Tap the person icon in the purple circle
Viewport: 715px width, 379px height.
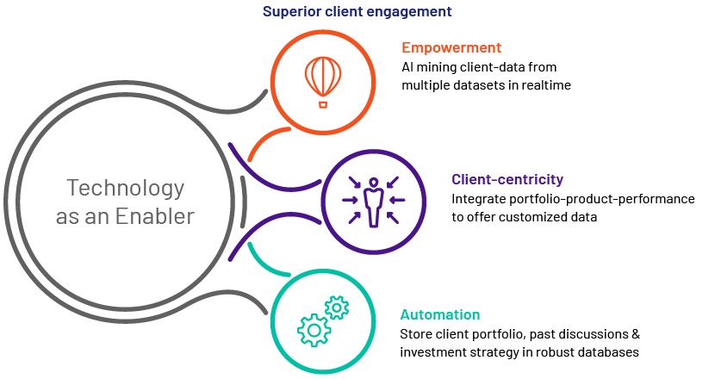click(x=374, y=202)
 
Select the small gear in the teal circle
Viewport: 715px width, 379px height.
click(x=337, y=308)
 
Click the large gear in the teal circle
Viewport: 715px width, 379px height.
click(x=314, y=329)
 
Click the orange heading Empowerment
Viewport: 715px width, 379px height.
click(x=451, y=47)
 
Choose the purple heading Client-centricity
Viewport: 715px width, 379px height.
click(x=507, y=179)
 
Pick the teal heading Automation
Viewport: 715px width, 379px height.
click(x=439, y=314)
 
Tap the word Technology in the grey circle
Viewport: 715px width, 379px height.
click(x=126, y=188)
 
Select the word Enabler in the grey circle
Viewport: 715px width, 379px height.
click(x=154, y=216)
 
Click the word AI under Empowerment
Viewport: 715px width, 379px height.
click(x=407, y=67)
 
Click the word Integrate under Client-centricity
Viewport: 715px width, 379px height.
click(x=479, y=199)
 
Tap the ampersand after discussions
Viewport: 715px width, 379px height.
click(x=636, y=334)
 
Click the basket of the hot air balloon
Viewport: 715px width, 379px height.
click(x=323, y=105)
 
